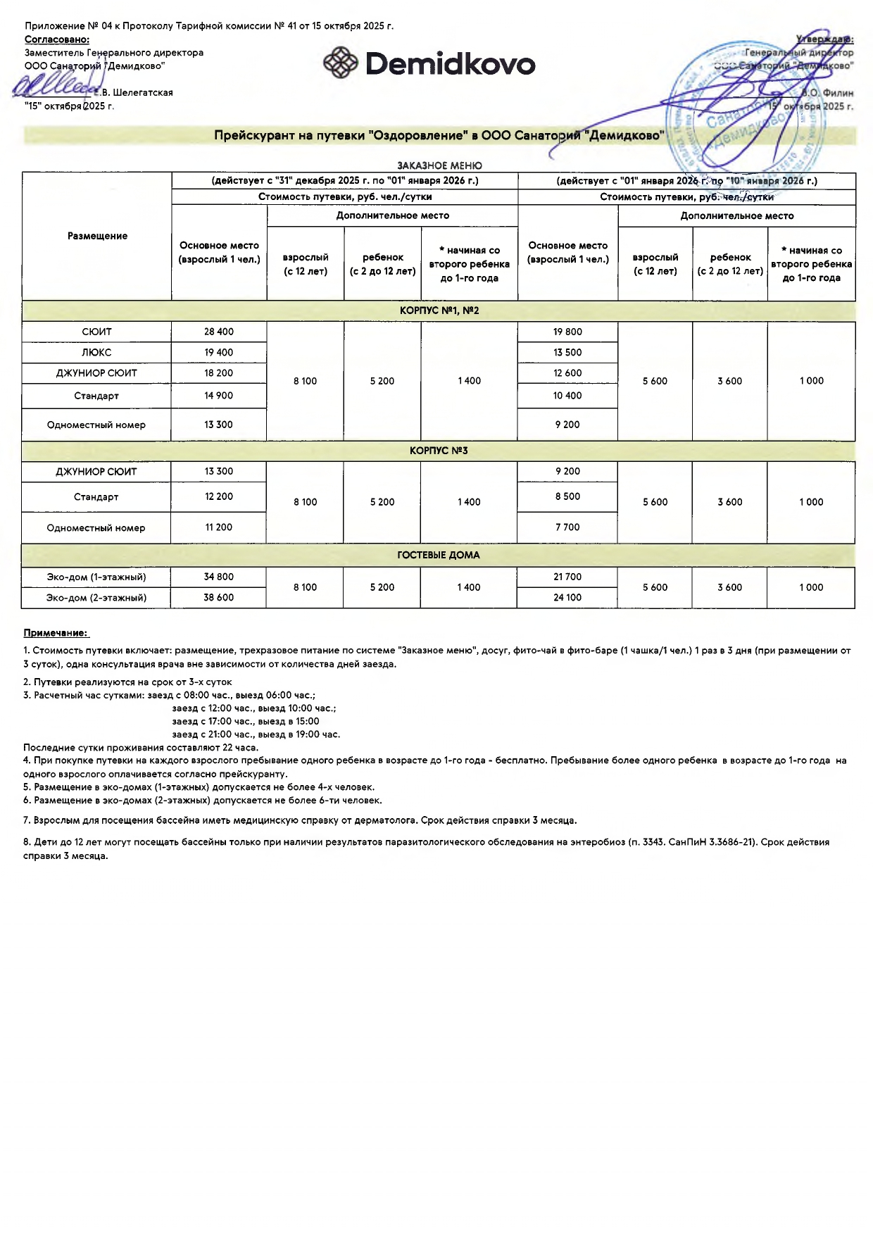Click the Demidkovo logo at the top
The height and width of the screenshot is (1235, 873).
click(x=429, y=64)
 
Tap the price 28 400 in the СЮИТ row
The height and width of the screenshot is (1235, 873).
click(x=219, y=332)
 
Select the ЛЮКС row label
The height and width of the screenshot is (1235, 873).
click(x=96, y=353)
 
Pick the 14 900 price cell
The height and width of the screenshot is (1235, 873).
click(x=219, y=396)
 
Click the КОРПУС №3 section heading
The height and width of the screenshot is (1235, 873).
click(x=439, y=451)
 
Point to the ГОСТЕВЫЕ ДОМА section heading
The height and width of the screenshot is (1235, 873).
click(x=439, y=556)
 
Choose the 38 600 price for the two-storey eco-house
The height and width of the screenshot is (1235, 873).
click(x=219, y=598)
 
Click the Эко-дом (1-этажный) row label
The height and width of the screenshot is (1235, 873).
click(x=96, y=577)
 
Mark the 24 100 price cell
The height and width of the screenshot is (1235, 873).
click(x=567, y=598)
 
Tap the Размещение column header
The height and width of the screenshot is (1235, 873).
click(x=97, y=236)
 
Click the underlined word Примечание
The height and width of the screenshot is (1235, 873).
click(x=56, y=633)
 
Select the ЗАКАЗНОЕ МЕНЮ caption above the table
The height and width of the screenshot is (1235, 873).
click(x=439, y=165)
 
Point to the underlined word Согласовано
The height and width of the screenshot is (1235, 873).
click(x=57, y=39)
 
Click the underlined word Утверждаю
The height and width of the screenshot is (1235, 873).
click(x=824, y=39)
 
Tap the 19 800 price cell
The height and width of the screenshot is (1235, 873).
click(x=567, y=332)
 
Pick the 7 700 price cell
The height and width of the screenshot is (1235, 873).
click(x=567, y=527)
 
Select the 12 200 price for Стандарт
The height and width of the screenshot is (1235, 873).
click(x=219, y=497)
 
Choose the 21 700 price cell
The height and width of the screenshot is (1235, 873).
click(x=567, y=577)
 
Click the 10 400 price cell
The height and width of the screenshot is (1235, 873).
click(x=567, y=396)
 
